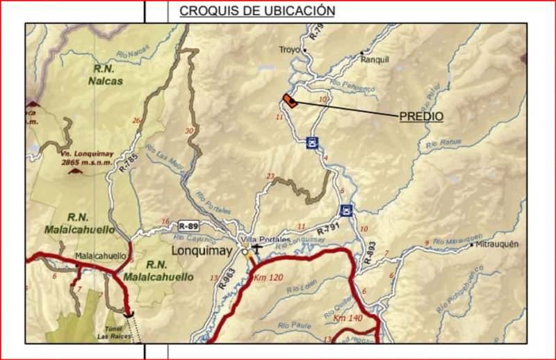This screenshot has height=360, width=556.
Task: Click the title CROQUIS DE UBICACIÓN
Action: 257,11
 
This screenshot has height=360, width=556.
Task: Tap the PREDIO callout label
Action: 421,116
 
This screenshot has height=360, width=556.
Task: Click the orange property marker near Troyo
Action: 290,101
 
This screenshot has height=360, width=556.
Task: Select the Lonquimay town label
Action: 202,249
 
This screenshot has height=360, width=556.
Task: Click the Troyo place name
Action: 288,50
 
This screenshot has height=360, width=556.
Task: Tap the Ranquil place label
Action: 375,60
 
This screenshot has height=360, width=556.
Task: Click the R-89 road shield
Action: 188,226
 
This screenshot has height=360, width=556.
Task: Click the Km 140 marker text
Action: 348,318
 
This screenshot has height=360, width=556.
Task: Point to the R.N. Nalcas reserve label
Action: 106,75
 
